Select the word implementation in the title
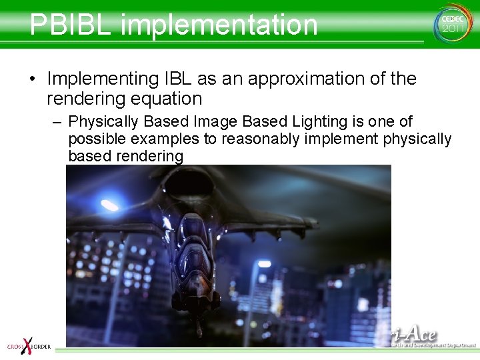219,25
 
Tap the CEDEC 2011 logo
453,23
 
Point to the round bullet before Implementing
32,79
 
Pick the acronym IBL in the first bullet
178,79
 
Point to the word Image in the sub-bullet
217,121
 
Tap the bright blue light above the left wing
108,205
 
